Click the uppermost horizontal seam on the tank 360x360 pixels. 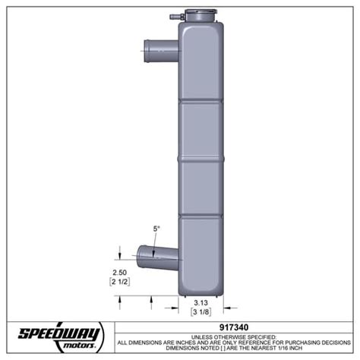tap(203, 102)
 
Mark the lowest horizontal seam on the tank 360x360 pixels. tap(203, 216)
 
